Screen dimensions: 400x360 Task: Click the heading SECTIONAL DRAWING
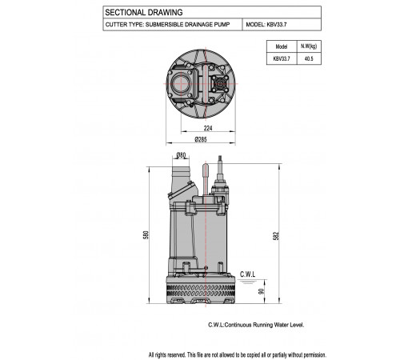[144, 12]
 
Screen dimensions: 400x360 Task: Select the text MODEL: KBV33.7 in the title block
[266, 25]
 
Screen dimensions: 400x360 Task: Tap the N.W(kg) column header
[309, 46]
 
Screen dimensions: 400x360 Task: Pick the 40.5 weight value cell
[309, 58]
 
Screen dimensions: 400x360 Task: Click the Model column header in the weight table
[282, 46]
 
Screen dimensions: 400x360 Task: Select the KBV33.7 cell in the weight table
[282, 58]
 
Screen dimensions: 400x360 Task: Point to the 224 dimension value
[208, 128]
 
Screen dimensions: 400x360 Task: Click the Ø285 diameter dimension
[201, 139]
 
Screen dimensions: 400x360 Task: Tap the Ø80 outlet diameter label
[181, 155]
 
